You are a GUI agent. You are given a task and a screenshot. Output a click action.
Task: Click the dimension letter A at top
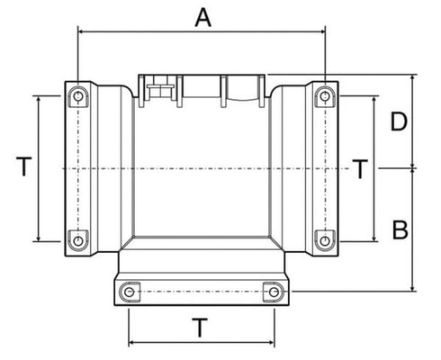click(x=203, y=18)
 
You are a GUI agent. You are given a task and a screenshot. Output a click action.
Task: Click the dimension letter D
click(x=399, y=121)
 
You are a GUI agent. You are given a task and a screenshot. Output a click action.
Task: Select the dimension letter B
click(x=400, y=230)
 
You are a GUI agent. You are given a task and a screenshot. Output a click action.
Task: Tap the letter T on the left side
click(x=24, y=166)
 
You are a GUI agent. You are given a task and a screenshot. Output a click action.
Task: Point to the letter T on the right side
click(x=360, y=169)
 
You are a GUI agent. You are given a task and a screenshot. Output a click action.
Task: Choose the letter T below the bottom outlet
click(x=200, y=328)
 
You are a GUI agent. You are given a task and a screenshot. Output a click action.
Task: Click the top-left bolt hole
click(x=78, y=96)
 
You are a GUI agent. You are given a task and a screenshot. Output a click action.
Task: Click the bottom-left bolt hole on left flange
click(x=78, y=240)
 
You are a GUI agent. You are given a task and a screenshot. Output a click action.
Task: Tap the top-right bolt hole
click(x=325, y=96)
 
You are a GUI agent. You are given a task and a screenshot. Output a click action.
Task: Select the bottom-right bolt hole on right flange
click(x=325, y=240)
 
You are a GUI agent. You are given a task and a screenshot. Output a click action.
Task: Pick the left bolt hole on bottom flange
click(x=129, y=292)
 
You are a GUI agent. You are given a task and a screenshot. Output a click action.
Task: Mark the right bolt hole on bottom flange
click(x=274, y=292)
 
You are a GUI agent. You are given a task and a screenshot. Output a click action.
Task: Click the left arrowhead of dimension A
click(x=81, y=31)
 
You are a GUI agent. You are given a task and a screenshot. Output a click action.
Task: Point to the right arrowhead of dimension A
click(x=322, y=31)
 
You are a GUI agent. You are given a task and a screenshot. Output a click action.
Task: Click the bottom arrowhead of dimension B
click(x=413, y=288)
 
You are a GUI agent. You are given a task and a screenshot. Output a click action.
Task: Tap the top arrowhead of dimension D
click(x=413, y=77)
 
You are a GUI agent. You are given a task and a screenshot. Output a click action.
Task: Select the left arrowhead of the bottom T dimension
click(x=131, y=342)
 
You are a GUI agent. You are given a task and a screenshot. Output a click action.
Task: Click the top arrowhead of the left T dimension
click(x=39, y=99)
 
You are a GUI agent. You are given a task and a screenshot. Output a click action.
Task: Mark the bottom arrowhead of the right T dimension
click(x=374, y=238)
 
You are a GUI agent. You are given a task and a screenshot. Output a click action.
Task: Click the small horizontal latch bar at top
click(x=160, y=86)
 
